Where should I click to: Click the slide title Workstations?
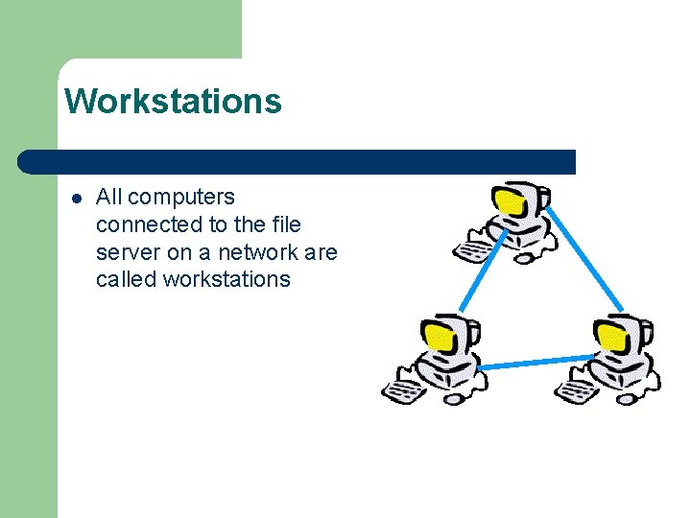pos(173,100)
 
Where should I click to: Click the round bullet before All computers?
pos(76,199)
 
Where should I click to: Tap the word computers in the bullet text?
pos(180,197)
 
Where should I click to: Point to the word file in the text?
pos(285,224)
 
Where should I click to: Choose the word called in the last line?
pos(126,279)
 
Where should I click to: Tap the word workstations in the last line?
pos(226,279)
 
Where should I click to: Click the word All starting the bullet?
pos(109,197)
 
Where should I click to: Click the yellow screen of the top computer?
pos(509,202)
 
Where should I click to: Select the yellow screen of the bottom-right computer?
pos(611,335)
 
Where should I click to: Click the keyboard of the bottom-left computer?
pos(402,391)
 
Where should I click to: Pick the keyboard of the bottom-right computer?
pos(576,391)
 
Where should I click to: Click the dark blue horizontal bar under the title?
pos(298,161)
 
